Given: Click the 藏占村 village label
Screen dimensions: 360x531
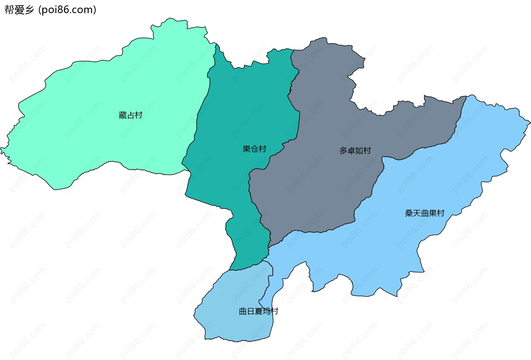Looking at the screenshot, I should pos(130,115).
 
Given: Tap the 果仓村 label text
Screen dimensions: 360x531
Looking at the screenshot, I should pos(254,149).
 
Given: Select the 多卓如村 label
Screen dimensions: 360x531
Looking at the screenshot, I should pos(355,151).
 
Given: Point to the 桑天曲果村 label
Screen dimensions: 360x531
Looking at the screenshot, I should pos(425,213).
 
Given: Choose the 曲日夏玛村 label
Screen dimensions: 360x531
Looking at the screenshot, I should pos(258,312).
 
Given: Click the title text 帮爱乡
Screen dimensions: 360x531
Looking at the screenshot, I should pos(19,10).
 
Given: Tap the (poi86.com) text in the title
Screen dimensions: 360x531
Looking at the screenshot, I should pos(67,10).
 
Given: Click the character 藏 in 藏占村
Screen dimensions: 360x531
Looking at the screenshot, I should pos(123,115).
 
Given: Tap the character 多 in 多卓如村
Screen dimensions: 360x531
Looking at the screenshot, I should pos(343,151).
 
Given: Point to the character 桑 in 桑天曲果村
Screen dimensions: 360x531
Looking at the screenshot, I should pos(409,213).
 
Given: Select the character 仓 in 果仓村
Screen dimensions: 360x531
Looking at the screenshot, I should pos(254,149).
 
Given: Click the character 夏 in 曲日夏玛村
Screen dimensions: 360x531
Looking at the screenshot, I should pos(259,312).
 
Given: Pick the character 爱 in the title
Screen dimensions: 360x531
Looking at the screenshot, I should pos(19,10).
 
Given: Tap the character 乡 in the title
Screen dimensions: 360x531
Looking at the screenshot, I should pos(29,10).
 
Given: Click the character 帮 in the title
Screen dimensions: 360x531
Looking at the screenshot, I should pos(9,10).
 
